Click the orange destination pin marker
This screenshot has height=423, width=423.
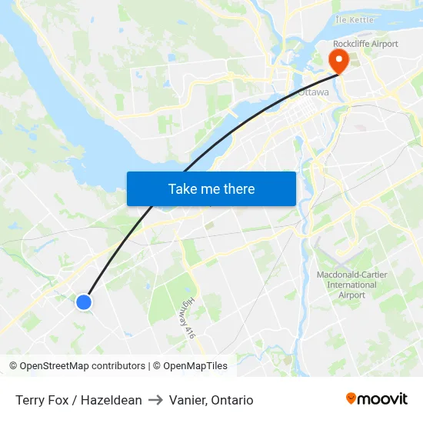coord(338,60)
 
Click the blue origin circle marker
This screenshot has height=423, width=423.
coord(84,302)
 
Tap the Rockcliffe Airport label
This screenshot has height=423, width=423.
coord(365,44)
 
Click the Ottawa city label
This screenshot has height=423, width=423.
coord(313,92)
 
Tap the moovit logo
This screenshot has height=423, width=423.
coord(376,398)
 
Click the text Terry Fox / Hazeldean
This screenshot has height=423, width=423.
coord(78,400)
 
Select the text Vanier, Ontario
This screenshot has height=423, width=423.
coord(211,400)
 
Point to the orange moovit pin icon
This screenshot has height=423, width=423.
coord(351,398)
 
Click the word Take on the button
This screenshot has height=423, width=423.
coord(182,188)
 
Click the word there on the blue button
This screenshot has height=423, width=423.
coord(238,188)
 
